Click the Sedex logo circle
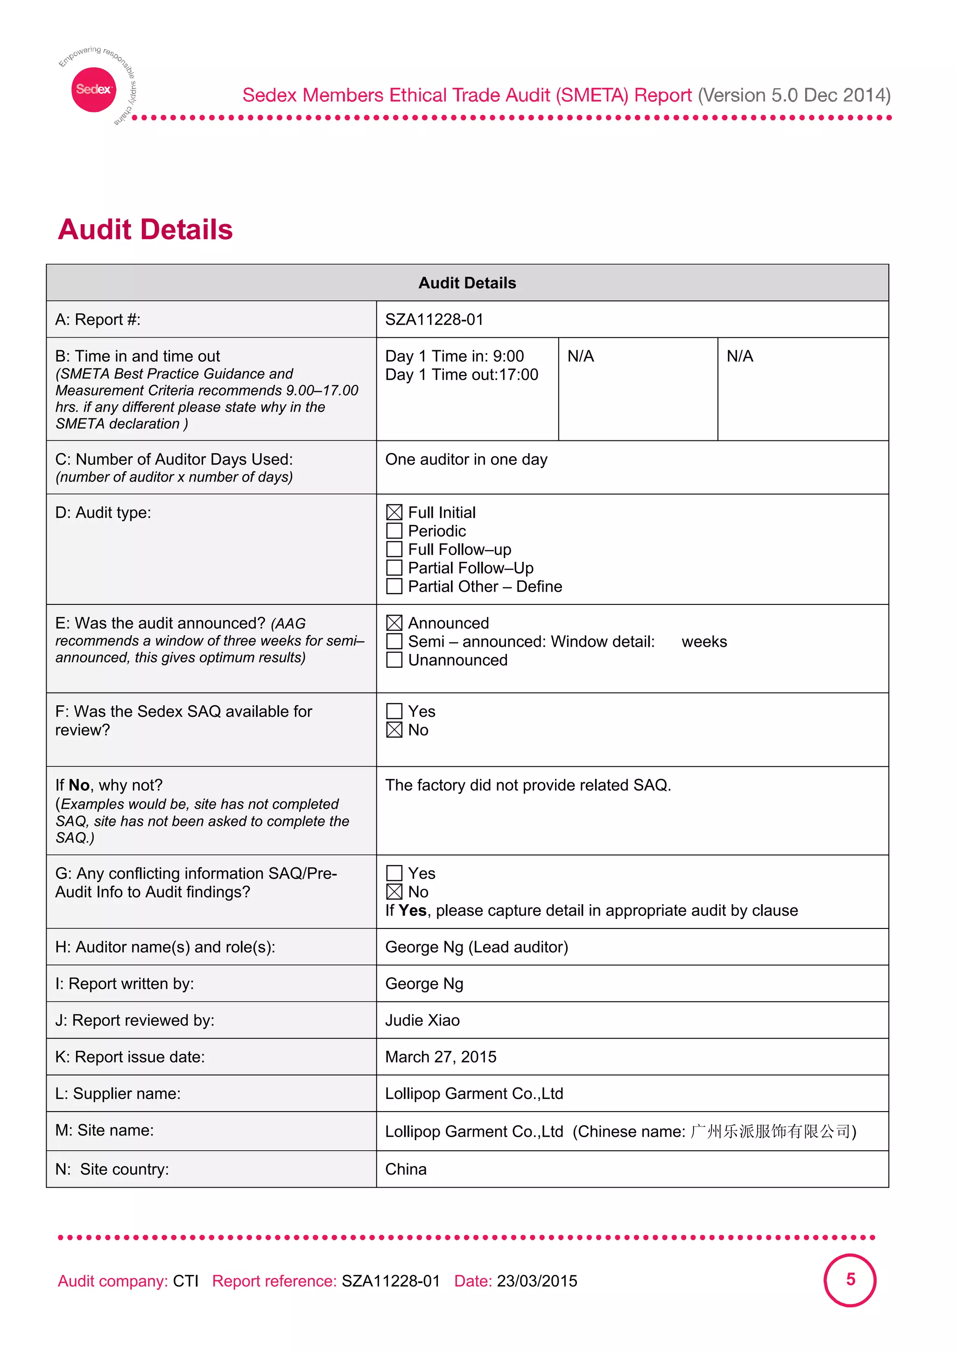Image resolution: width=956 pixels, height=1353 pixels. coord(93,90)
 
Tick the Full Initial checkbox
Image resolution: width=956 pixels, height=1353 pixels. coord(394,512)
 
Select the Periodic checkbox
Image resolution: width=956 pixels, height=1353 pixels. coord(394,531)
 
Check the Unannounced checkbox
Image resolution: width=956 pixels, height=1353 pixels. coord(394,659)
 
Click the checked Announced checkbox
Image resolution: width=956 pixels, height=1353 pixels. coord(394,623)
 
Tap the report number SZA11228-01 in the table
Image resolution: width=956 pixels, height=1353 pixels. coord(434,319)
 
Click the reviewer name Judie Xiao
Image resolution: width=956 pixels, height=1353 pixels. coord(422,1020)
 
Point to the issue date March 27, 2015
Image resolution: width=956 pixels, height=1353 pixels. coord(441,1056)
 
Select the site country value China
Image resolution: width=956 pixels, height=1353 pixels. coord(406,1169)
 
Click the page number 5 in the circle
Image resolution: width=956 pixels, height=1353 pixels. coord(850,1279)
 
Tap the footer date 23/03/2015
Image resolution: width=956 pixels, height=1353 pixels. coord(537,1281)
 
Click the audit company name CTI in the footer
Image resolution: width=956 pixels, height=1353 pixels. coord(185,1281)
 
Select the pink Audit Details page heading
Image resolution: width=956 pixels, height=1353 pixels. coord(146,229)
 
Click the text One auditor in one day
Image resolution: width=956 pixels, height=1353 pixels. coord(466,459)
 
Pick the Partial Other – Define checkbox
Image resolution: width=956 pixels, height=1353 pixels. coord(394,586)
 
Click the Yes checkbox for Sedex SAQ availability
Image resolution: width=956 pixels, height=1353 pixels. coord(394,711)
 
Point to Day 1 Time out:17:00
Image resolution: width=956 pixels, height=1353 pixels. coord(461,375)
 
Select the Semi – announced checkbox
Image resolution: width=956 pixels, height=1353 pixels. coord(394,641)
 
